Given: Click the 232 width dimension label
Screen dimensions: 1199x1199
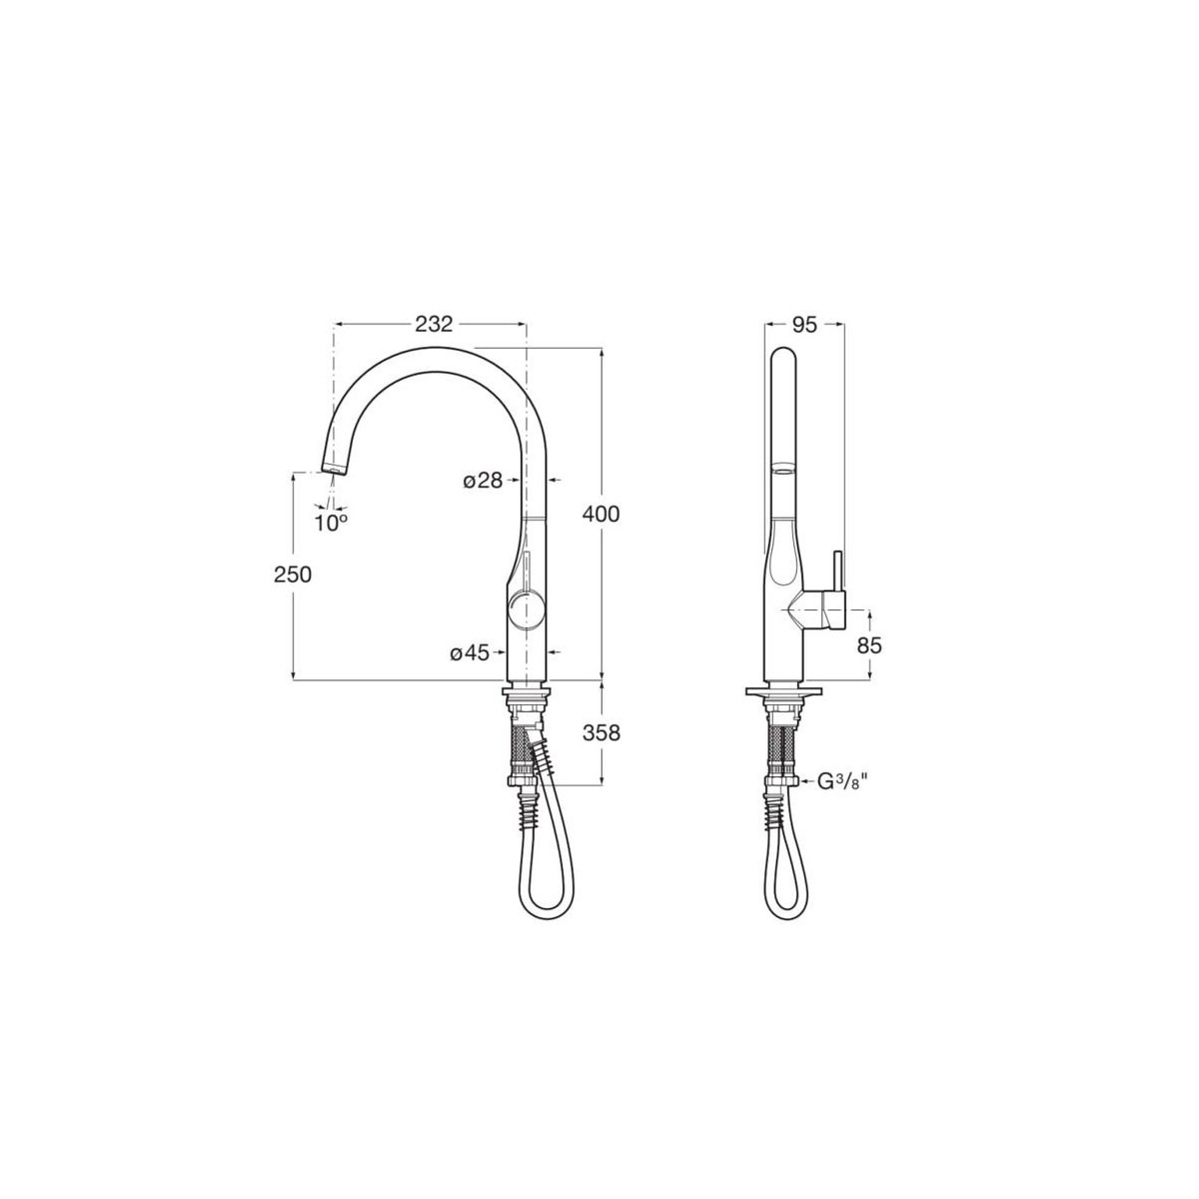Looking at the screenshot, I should click(435, 324).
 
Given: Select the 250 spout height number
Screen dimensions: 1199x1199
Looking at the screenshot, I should click(292, 575).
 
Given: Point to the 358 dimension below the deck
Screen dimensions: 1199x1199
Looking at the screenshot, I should click(601, 732).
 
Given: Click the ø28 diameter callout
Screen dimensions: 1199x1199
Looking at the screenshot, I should click(483, 481).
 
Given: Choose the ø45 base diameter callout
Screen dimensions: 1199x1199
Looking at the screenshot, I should click(470, 653).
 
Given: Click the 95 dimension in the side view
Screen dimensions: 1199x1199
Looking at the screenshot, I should click(804, 324).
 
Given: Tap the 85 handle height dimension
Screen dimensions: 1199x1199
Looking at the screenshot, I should click(869, 645).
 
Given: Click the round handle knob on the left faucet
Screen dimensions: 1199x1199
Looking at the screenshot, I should click(527, 607).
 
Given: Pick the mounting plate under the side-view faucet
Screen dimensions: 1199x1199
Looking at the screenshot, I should click(783, 690).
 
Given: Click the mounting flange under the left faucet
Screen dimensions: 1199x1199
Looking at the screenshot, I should click(527, 692).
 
